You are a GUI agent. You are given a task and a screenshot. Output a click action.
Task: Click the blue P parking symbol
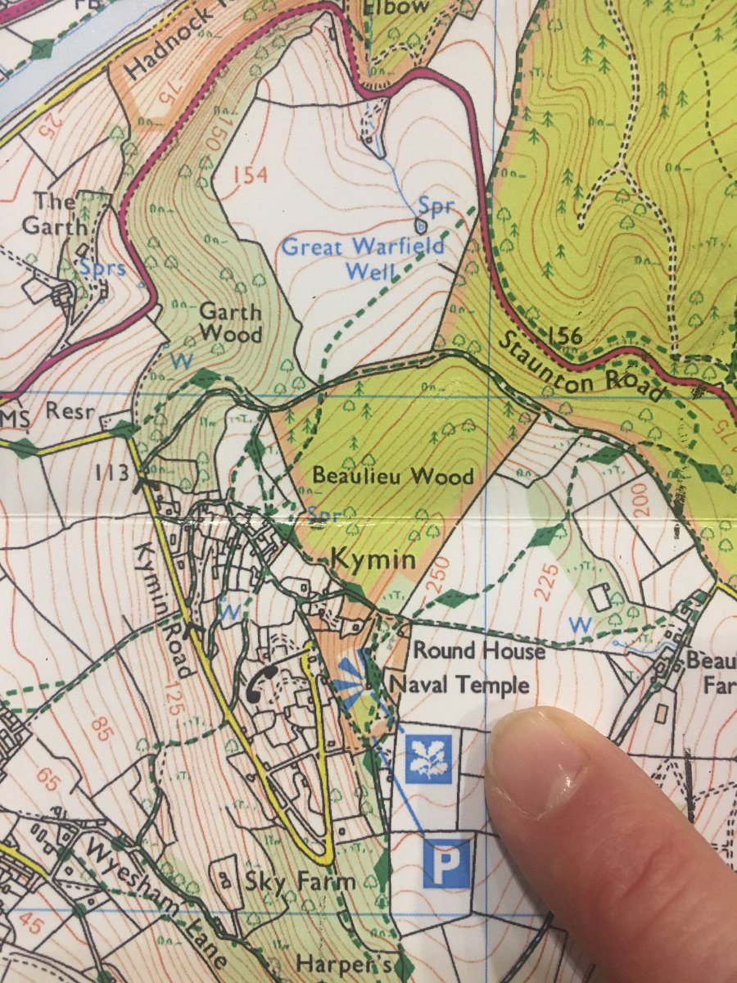click(447, 862)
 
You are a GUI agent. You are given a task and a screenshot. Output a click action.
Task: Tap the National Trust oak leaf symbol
click(429, 759)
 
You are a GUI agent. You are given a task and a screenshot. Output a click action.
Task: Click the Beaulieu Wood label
click(393, 477)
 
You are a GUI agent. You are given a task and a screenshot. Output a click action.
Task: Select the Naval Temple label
click(461, 684)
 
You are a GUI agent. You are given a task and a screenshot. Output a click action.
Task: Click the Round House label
click(479, 650)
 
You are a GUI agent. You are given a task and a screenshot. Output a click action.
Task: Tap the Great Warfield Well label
click(364, 257)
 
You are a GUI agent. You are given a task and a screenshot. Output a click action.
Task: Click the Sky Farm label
click(300, 881)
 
